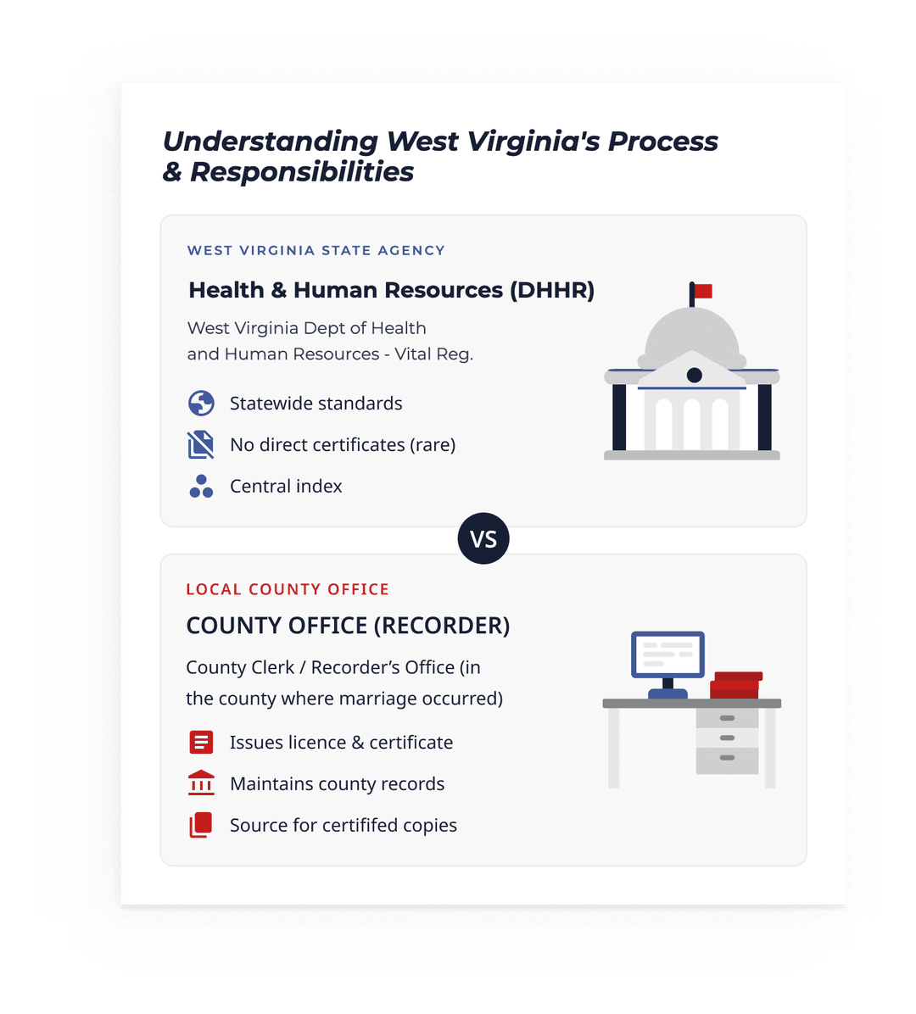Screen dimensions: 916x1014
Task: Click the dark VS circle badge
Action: pos(483,538)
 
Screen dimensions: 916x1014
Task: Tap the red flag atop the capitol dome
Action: pos(703,291)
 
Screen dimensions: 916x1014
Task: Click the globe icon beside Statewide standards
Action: pos(201,403)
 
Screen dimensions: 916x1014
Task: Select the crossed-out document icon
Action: pos(201,445)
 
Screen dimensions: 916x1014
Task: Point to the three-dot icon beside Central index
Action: pos(201,487)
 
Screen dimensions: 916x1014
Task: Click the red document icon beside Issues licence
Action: pos(201,742)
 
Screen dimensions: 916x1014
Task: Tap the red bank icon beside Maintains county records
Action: pos(201,783)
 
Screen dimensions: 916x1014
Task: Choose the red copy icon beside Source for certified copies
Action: pos(200,825)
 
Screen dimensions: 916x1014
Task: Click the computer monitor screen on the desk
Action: pos(667,655)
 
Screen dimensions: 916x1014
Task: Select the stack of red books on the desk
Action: pos(736,686)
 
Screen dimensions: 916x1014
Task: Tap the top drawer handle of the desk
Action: pos(727,718)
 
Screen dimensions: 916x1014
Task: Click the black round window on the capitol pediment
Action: pos(694,375)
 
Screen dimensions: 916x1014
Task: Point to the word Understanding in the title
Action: pos(270,142)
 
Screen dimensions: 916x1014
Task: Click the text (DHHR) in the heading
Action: pos(552,290)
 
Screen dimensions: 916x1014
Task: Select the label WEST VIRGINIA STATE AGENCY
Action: pos(316,250)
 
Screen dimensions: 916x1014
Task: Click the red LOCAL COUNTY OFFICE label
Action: pos(288,589)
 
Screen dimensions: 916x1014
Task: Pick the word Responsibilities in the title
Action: pos(301,172)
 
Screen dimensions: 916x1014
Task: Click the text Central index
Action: pos(286,487)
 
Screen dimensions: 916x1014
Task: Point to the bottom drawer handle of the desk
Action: pos(727,757)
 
